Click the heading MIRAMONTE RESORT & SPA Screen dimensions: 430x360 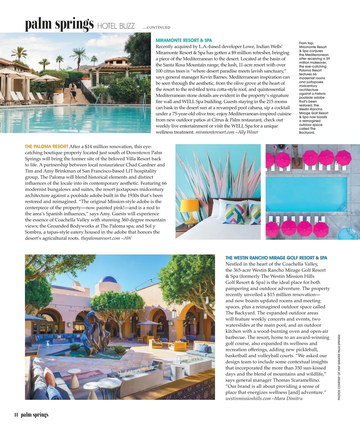click(184, 40)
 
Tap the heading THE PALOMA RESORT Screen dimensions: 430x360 click(46, 146)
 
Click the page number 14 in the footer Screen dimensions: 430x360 click(16, 415)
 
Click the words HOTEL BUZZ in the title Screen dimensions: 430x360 click(116, 26)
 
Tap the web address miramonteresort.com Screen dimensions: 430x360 click(214, 132)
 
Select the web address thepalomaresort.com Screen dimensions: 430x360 click(100, 238)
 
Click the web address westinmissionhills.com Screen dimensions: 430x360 click(248, 398)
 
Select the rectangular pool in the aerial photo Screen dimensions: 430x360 click(306, 192)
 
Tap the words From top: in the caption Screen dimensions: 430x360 click(306, 43)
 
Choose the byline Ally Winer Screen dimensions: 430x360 click(247, 132)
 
